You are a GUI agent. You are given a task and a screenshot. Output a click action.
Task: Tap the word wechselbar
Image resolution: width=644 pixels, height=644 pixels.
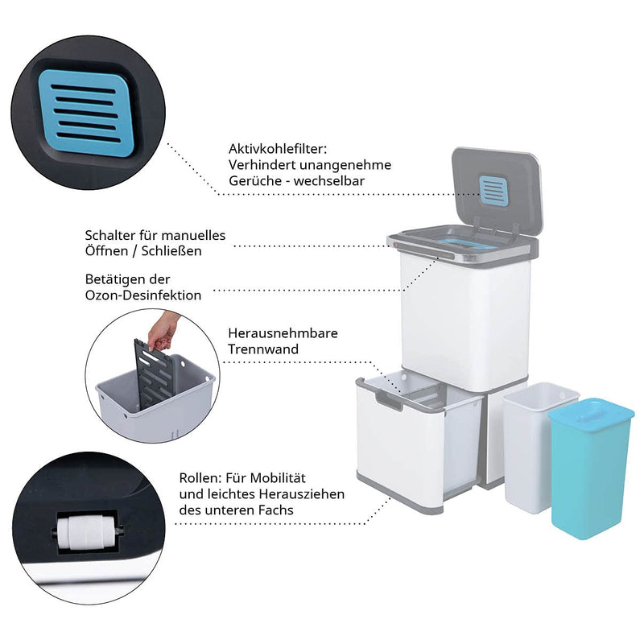(329, 180)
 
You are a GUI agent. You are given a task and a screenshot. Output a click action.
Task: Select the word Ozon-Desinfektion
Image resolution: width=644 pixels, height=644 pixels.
(143, 295)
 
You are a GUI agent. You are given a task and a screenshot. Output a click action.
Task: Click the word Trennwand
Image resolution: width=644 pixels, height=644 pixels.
(263, 349)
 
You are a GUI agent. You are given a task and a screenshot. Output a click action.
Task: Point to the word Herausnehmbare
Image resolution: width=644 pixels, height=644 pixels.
(283, 333)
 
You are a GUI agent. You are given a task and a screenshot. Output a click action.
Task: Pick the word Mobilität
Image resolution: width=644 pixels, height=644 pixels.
(278, 478)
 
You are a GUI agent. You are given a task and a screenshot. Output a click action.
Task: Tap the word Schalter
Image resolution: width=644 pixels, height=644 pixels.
(110, 235)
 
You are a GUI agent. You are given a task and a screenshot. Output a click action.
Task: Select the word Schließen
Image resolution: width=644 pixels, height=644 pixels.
(171, 251)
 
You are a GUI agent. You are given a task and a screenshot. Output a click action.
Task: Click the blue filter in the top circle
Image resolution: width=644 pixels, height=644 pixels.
(87, 113)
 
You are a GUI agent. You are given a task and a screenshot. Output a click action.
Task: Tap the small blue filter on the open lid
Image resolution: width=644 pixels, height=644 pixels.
(494, 191)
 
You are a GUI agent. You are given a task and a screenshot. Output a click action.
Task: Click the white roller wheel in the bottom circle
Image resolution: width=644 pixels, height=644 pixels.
(87, 534)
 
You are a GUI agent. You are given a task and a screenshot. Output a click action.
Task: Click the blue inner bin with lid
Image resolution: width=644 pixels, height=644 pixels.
(591, 468)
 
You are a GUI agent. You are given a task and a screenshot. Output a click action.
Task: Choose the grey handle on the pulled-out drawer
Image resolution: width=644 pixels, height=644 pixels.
(388, 398)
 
